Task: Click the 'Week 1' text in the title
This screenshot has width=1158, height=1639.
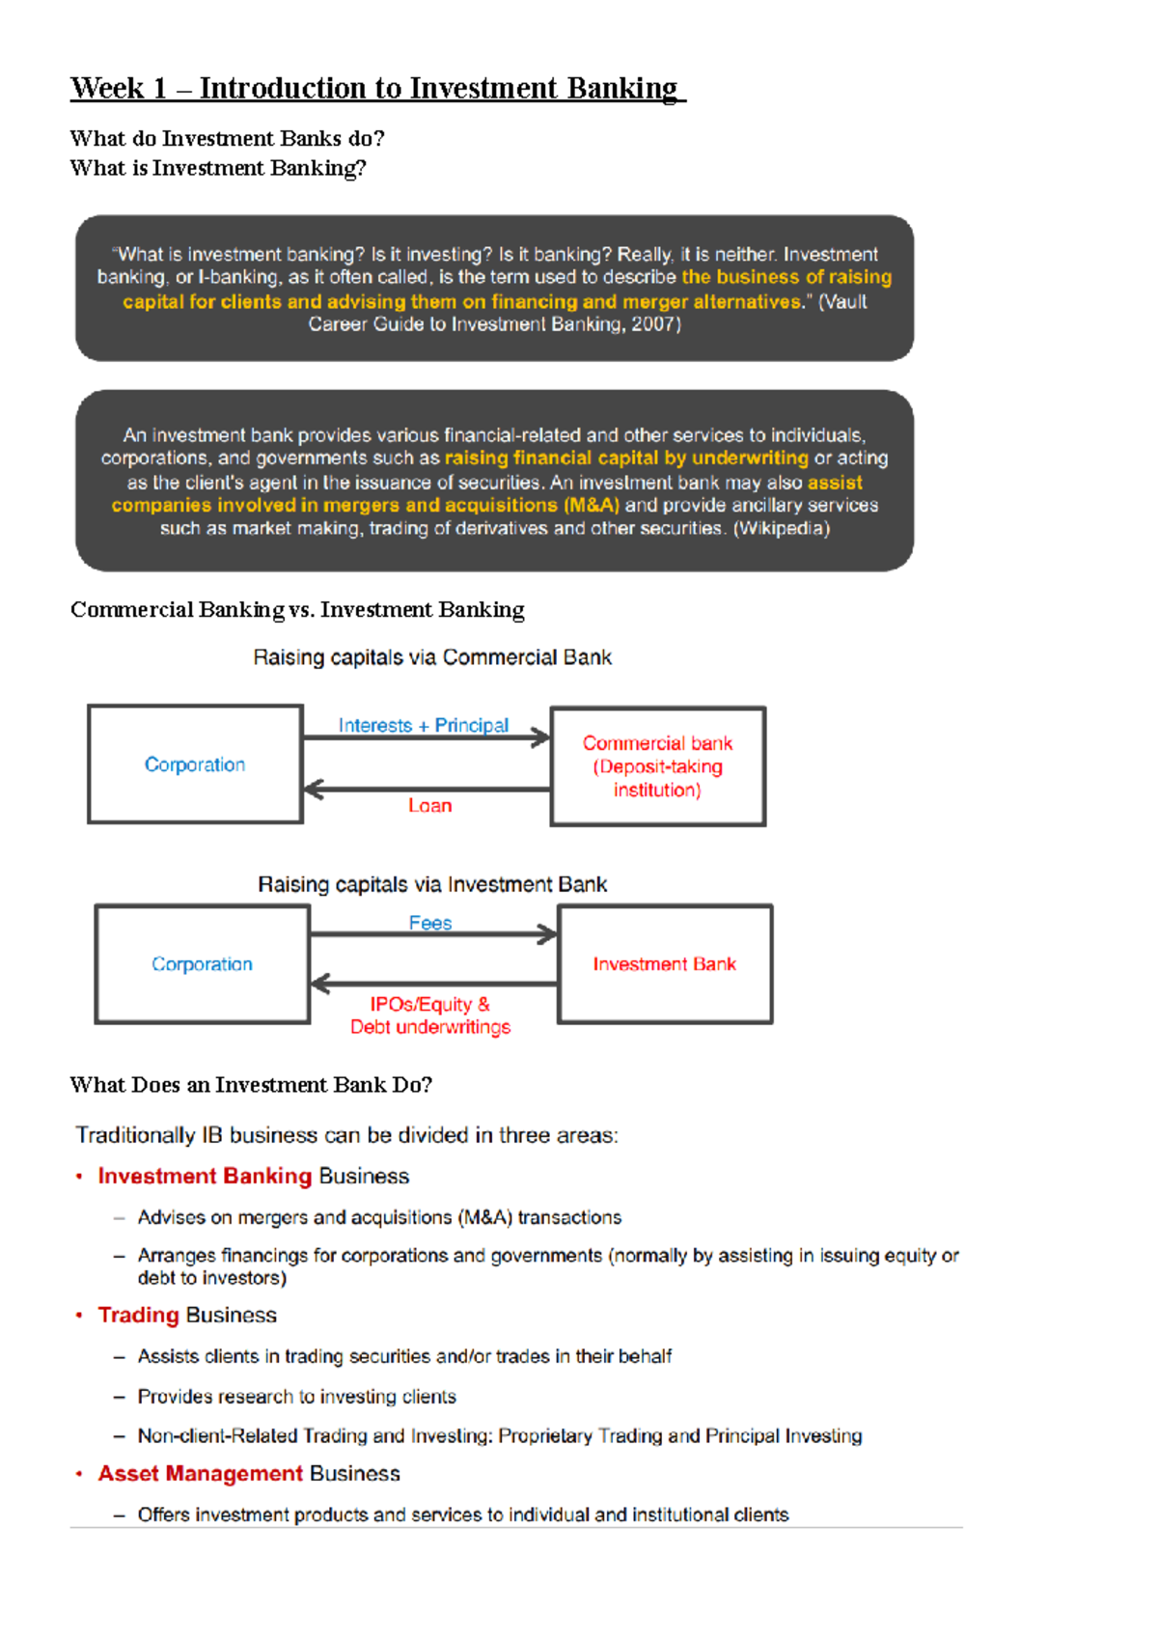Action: coord(118,89)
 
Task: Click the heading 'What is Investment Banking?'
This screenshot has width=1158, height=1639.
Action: coord(218,168)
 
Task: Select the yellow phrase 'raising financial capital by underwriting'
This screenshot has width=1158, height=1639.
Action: coord(626,458)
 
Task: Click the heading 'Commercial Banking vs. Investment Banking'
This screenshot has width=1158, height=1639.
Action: coord(297,610)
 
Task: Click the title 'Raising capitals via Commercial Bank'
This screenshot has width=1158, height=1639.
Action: coord(431,657)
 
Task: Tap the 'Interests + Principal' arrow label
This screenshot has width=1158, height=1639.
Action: coord(423,725)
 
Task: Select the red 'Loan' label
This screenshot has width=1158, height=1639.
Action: coord(429,805)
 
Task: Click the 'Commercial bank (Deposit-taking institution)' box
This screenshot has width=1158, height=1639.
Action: coord(657,766)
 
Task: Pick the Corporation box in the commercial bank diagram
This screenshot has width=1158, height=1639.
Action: coord(195,764)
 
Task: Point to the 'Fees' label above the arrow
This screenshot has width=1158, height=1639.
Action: coord(429,923)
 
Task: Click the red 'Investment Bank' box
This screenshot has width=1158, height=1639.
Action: coord(664,964)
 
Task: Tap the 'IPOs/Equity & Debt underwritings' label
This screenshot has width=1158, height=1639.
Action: coord(429,1015)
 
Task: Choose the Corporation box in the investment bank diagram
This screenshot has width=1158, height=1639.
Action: coord(202,964)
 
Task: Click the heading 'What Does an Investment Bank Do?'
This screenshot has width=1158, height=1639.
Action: coord(251,1085)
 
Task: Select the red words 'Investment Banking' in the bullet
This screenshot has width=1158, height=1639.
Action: coord(205,1176)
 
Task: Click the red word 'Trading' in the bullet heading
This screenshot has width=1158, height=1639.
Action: coord(138,1315)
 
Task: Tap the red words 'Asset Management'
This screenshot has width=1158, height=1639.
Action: coord(200,1473)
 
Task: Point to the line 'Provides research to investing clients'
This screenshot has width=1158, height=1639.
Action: coord(296,1397)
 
